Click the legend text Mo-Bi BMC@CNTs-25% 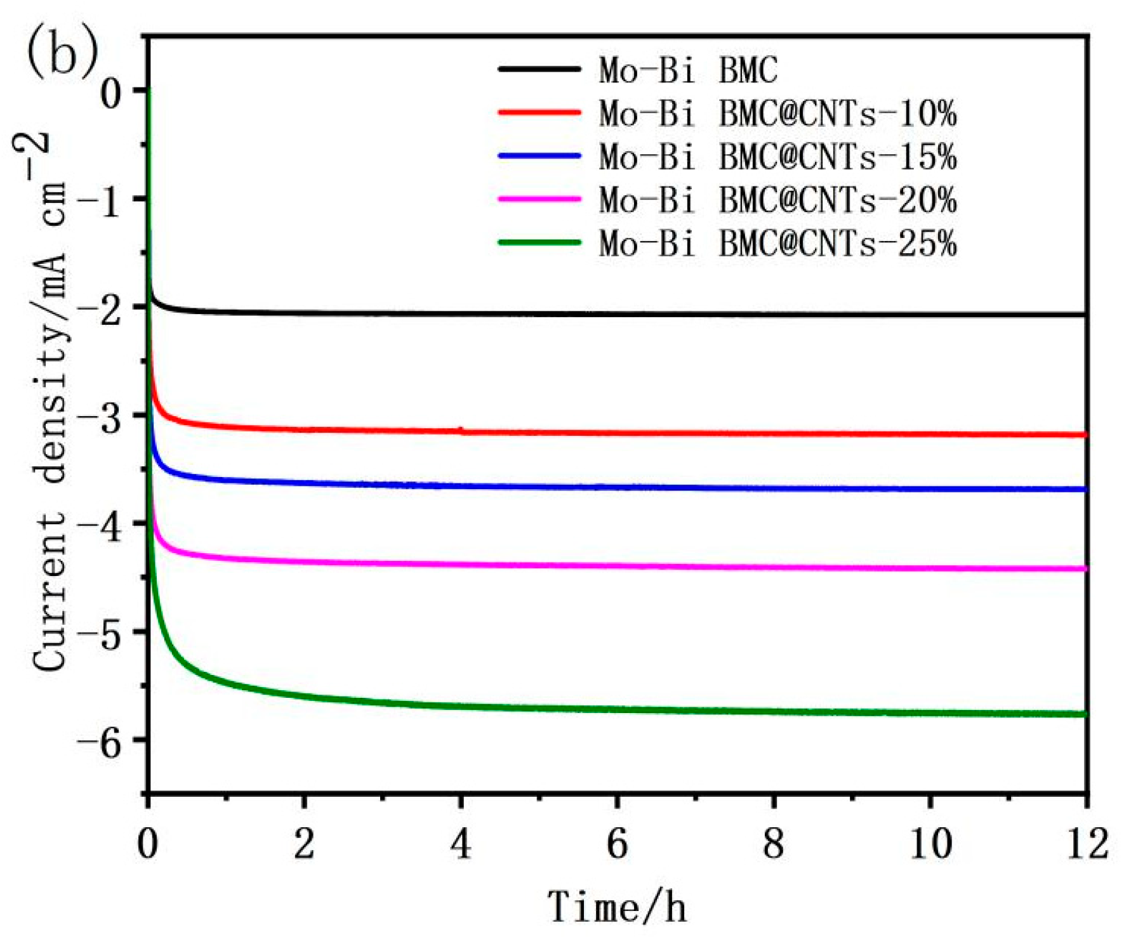[777, 243]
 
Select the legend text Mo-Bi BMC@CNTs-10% [777, 114]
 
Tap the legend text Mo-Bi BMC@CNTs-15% [777, 156]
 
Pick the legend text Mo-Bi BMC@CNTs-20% [777, 200]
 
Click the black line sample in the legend [539, 69]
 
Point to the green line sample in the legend [539, 242]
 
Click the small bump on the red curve [461, 429]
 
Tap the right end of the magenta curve [1085, 569]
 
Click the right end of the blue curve [1085, 489]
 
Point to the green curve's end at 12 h [1085, 714]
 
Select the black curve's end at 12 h [1085, 315]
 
